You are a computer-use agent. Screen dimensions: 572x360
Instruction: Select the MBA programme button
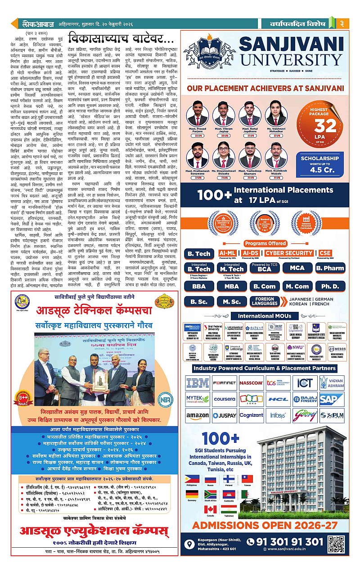[232, 286]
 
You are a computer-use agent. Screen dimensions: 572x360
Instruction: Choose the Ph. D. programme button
[331, 286]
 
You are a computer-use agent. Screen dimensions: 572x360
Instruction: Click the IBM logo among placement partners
[198, 383]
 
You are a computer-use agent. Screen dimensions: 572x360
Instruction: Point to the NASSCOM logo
[251, 383]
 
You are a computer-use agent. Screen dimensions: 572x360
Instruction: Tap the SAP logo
[332, 399]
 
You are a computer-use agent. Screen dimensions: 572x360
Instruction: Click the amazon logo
[198, 415]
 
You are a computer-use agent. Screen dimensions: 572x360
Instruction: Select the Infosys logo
[278, 415]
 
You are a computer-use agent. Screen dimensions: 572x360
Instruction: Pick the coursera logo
[224, 399]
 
